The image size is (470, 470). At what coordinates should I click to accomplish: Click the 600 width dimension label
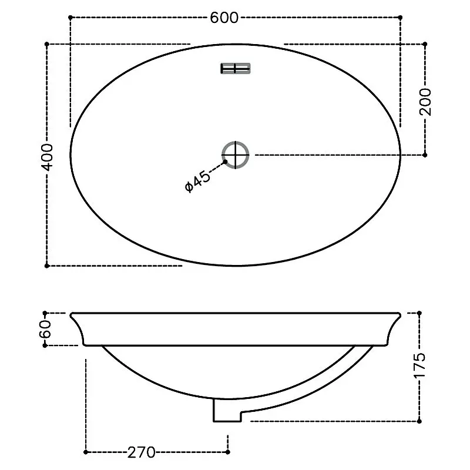224,18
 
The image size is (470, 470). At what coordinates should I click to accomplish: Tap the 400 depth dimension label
47,157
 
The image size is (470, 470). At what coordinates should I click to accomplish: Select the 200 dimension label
425,102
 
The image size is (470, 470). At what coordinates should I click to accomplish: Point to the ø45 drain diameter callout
197,182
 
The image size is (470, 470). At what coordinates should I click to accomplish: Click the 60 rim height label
45,329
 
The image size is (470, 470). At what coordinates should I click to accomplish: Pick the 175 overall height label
419,365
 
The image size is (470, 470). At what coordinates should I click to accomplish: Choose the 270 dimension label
142,452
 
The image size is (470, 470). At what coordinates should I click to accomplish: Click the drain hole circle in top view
236,155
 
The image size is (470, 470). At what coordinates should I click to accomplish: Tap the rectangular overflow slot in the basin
236,69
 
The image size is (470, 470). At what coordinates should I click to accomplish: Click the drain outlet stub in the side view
227,410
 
